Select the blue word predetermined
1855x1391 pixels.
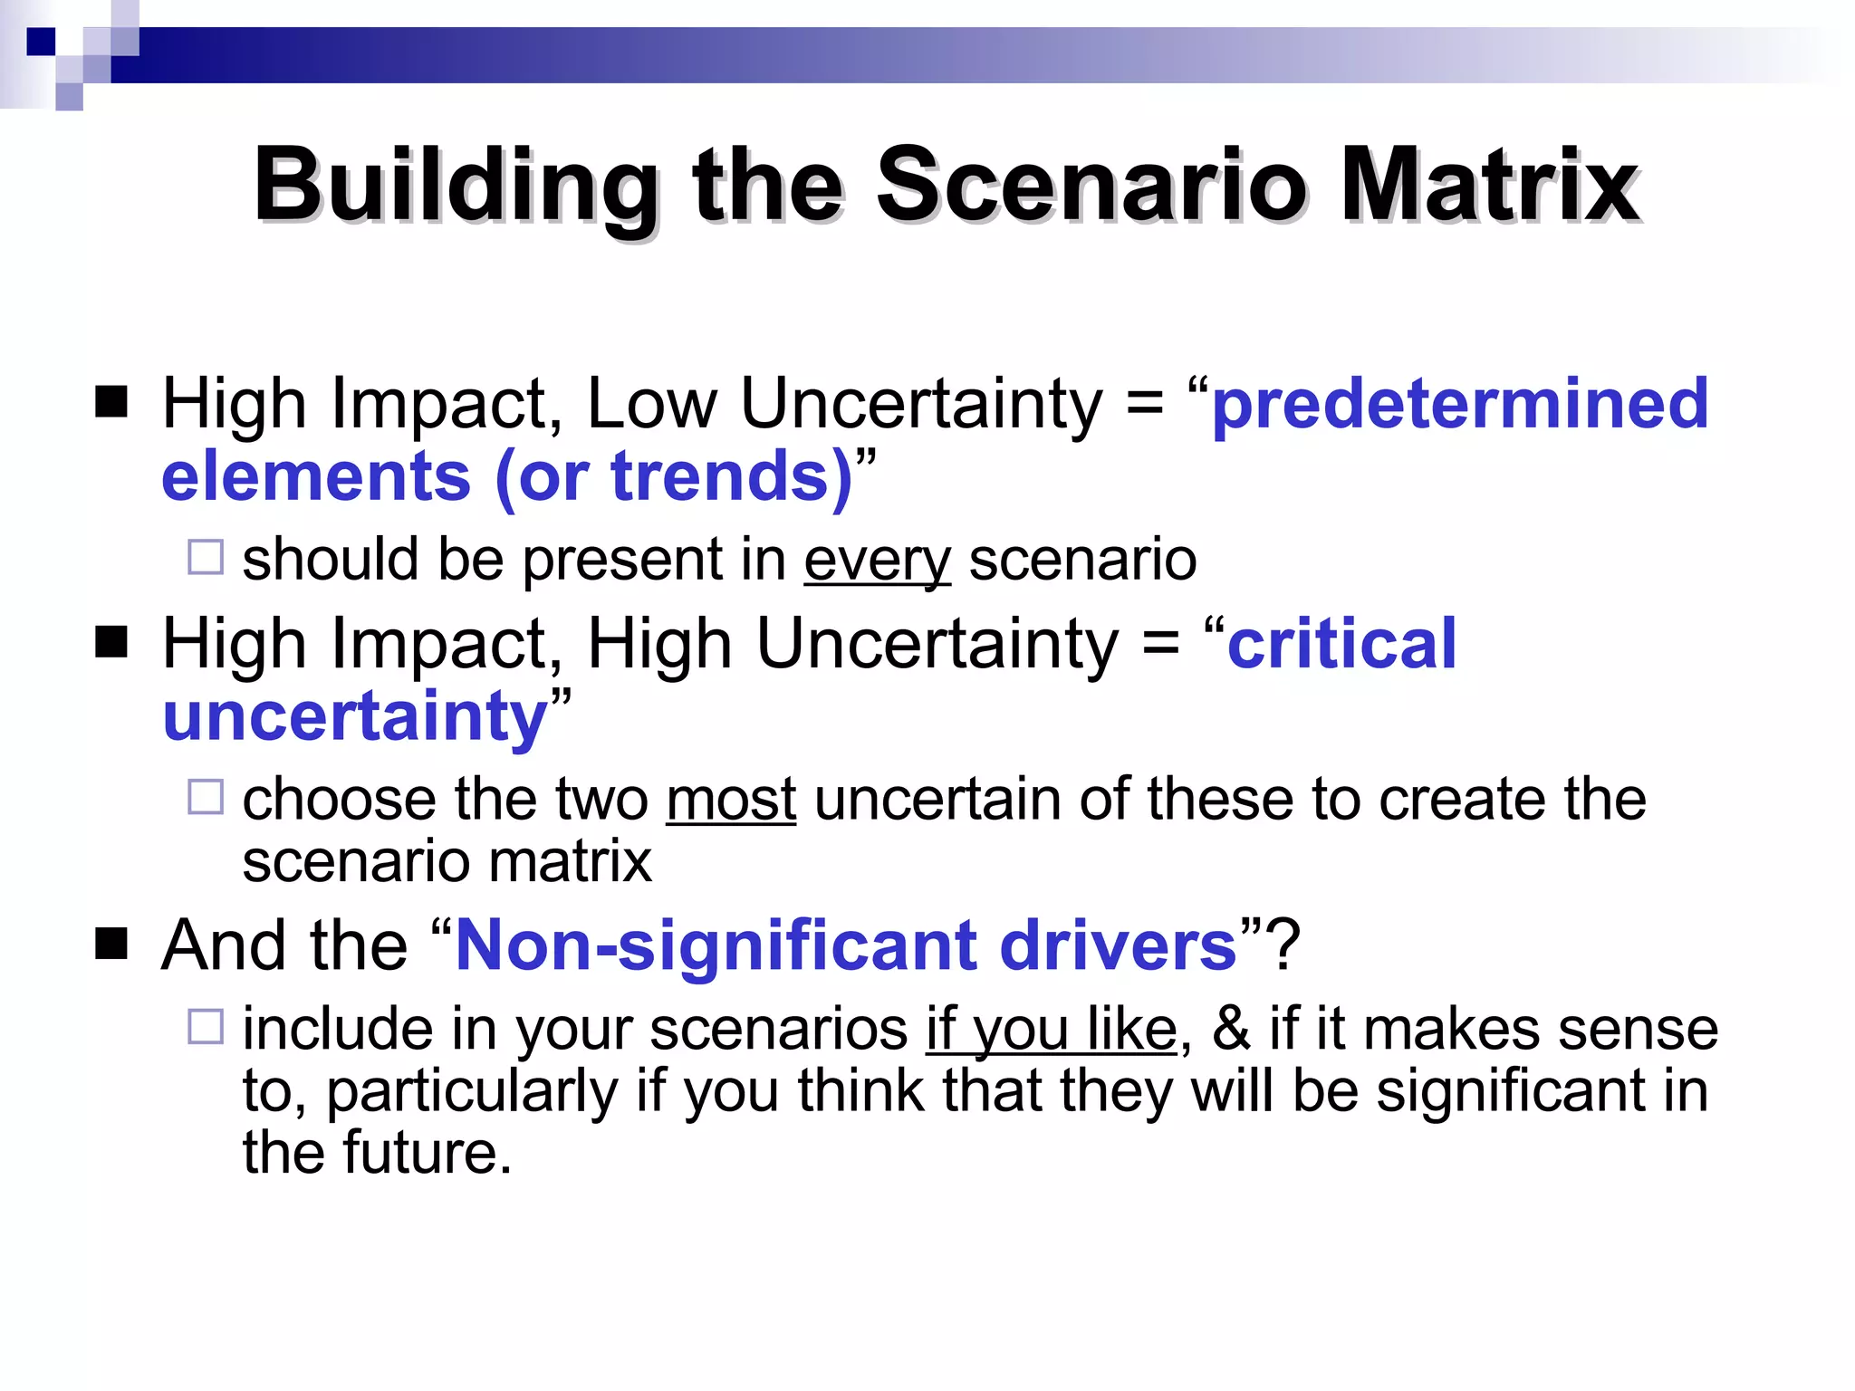1459,404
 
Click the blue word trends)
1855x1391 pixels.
732,476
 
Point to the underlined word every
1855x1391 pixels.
877,561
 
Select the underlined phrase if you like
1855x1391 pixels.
1051,1031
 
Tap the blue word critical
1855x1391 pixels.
1341,644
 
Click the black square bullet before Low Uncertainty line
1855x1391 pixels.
111,402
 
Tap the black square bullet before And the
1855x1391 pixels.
111,944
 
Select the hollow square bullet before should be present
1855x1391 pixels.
206,557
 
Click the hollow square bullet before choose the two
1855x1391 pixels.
206,797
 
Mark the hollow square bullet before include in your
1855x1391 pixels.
206,1027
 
